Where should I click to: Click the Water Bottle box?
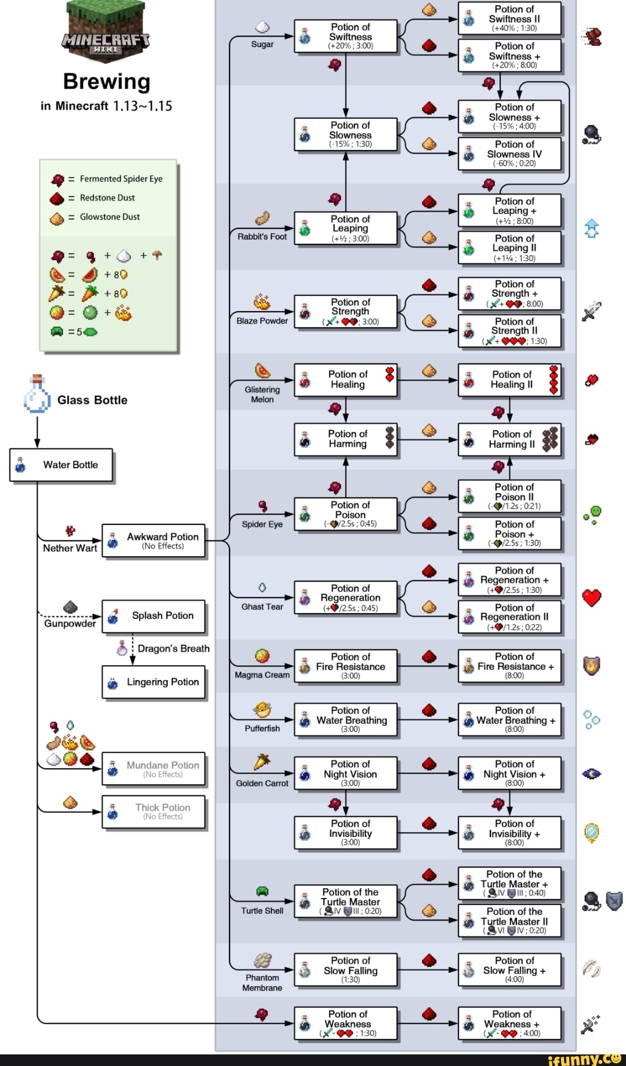[x=61, y=465]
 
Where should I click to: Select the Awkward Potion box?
[x=154, y=541]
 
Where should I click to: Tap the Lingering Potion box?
[x=154, y=682]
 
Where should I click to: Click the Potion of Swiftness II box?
[x=509, y=19]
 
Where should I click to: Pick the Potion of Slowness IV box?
[x=509, y=154]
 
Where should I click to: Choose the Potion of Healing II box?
[x=509, y=380]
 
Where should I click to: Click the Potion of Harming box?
[x=345, y=439]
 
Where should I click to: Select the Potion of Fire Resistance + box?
[x=509, y=666]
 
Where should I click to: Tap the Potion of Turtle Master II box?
[x=509, y=921]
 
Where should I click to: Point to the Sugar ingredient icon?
[x=263, y=27]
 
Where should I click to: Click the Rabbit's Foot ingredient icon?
[x=263, y=218]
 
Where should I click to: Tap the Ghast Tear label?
[x=262, y=607]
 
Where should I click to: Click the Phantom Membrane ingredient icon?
[x=263, y=961]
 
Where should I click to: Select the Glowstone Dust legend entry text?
[x=110, y=217]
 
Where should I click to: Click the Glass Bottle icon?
[x=37, y=395]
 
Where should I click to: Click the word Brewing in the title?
[x=107, y=82]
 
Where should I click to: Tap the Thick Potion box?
[x=154, y=812]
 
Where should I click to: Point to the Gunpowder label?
[x=70, y=623]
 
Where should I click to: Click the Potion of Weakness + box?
[x=509, y=1024]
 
